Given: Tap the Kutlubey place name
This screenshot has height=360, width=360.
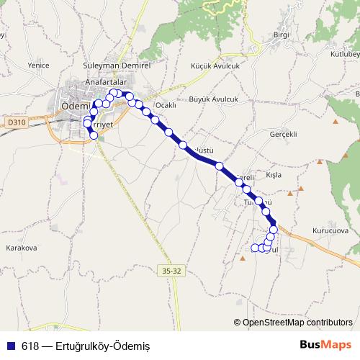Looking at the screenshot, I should click(x=343, y=54).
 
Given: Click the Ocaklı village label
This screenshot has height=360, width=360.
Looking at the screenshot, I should click(x=166, y=105).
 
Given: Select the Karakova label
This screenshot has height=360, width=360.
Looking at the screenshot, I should click(x=21, y=248).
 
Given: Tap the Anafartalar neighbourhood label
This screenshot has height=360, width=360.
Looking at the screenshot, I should click(x=107, y=81).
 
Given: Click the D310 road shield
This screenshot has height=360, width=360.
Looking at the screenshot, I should click(x=18, y=122).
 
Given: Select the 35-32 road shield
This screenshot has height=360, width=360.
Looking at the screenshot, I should click(x=169, y=270).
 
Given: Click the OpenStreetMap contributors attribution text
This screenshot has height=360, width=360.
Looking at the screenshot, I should click(x=297, y=323).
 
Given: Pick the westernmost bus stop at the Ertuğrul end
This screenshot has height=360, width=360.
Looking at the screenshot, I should click(x=255, y=248).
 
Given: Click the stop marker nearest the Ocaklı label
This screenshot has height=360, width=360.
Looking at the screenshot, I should click(x=155, y=120).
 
